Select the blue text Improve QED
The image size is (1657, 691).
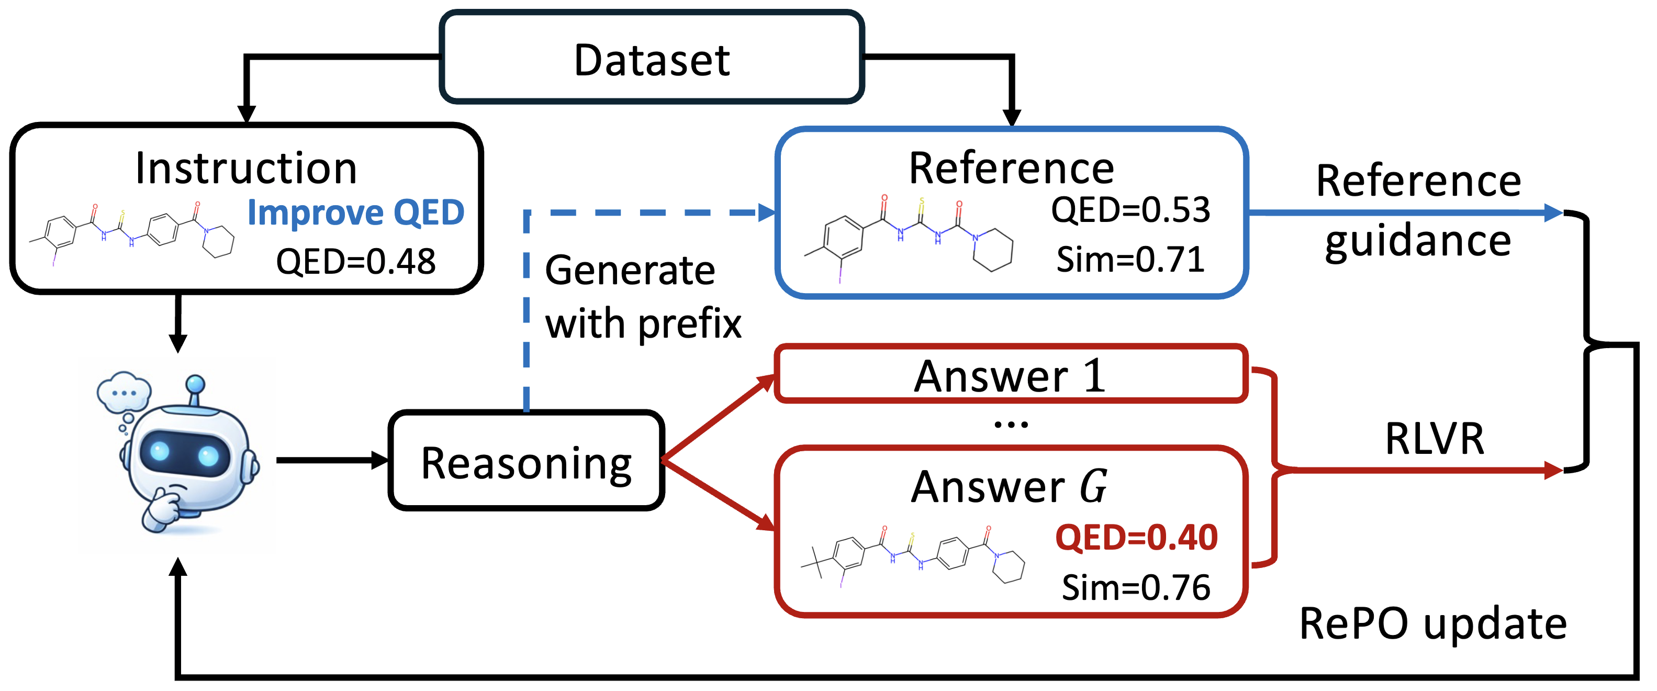pyautogui.click(x=356, y=213)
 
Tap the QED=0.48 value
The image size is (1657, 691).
pyautogui.click(x=356, y=262)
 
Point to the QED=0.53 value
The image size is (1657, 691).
pyautogui.click(x=1130, y=210)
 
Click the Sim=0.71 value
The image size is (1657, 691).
pyautogui.click(x=1130, y=260)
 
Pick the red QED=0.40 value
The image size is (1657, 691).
pyautogui.click(x=1136, y=537)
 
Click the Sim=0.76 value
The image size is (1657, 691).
pyautogui.click(x=1136, y=587)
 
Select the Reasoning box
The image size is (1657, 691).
pyautogui.click(x=526, y=461)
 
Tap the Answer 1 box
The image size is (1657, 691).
pyautogui.click(x=1010, y=375)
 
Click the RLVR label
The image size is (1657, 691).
pyautogui.click(x=1435, y=439)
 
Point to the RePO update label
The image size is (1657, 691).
pyautogui.click(x=1433, y=623)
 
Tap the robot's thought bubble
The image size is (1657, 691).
pyautogui.click(x=124, y=391)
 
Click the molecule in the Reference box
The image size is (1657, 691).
pyautogui.click(x=908, y=238)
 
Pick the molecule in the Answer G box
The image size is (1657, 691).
pyautogui.click(x=912, y=554)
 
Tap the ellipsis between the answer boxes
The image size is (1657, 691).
pyautogui.click(x=1011, y=424)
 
